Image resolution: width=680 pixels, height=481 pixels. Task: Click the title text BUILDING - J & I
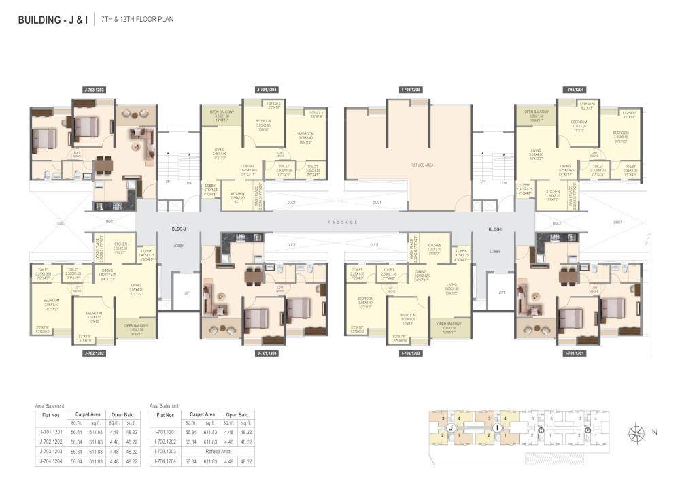click(x=52, y=20)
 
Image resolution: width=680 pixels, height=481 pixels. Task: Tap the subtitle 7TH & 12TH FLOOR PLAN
click(x=137, y=20)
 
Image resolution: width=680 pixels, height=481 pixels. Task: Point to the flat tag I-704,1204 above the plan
click(x=575, y=90)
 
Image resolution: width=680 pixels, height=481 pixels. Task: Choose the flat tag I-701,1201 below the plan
click(x=575, y=354)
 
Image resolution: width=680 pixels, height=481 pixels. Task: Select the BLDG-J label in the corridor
click(x=180, y=230)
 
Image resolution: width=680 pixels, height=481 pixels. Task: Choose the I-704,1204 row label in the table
click(x=167, y=461)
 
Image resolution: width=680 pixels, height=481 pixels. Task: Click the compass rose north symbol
click(x=638, y=432)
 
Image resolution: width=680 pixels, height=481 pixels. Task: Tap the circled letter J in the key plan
click(x=450, y=428)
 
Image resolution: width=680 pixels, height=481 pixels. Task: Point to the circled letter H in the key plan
click(x=541, y=430)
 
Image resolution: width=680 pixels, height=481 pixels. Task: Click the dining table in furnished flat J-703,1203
click(x=103, y=165)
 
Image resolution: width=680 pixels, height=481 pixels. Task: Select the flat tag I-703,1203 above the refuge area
click(x=411, y=90)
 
